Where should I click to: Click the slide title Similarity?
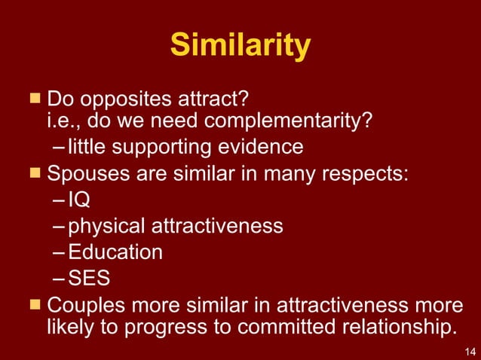click(x=240, y=46)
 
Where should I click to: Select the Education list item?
click(x=115, y=252)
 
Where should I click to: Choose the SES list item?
click(x=88, y=278)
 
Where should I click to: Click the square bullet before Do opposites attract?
click(x=35, y=98)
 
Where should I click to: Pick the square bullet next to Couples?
click(x=35, y=304)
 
